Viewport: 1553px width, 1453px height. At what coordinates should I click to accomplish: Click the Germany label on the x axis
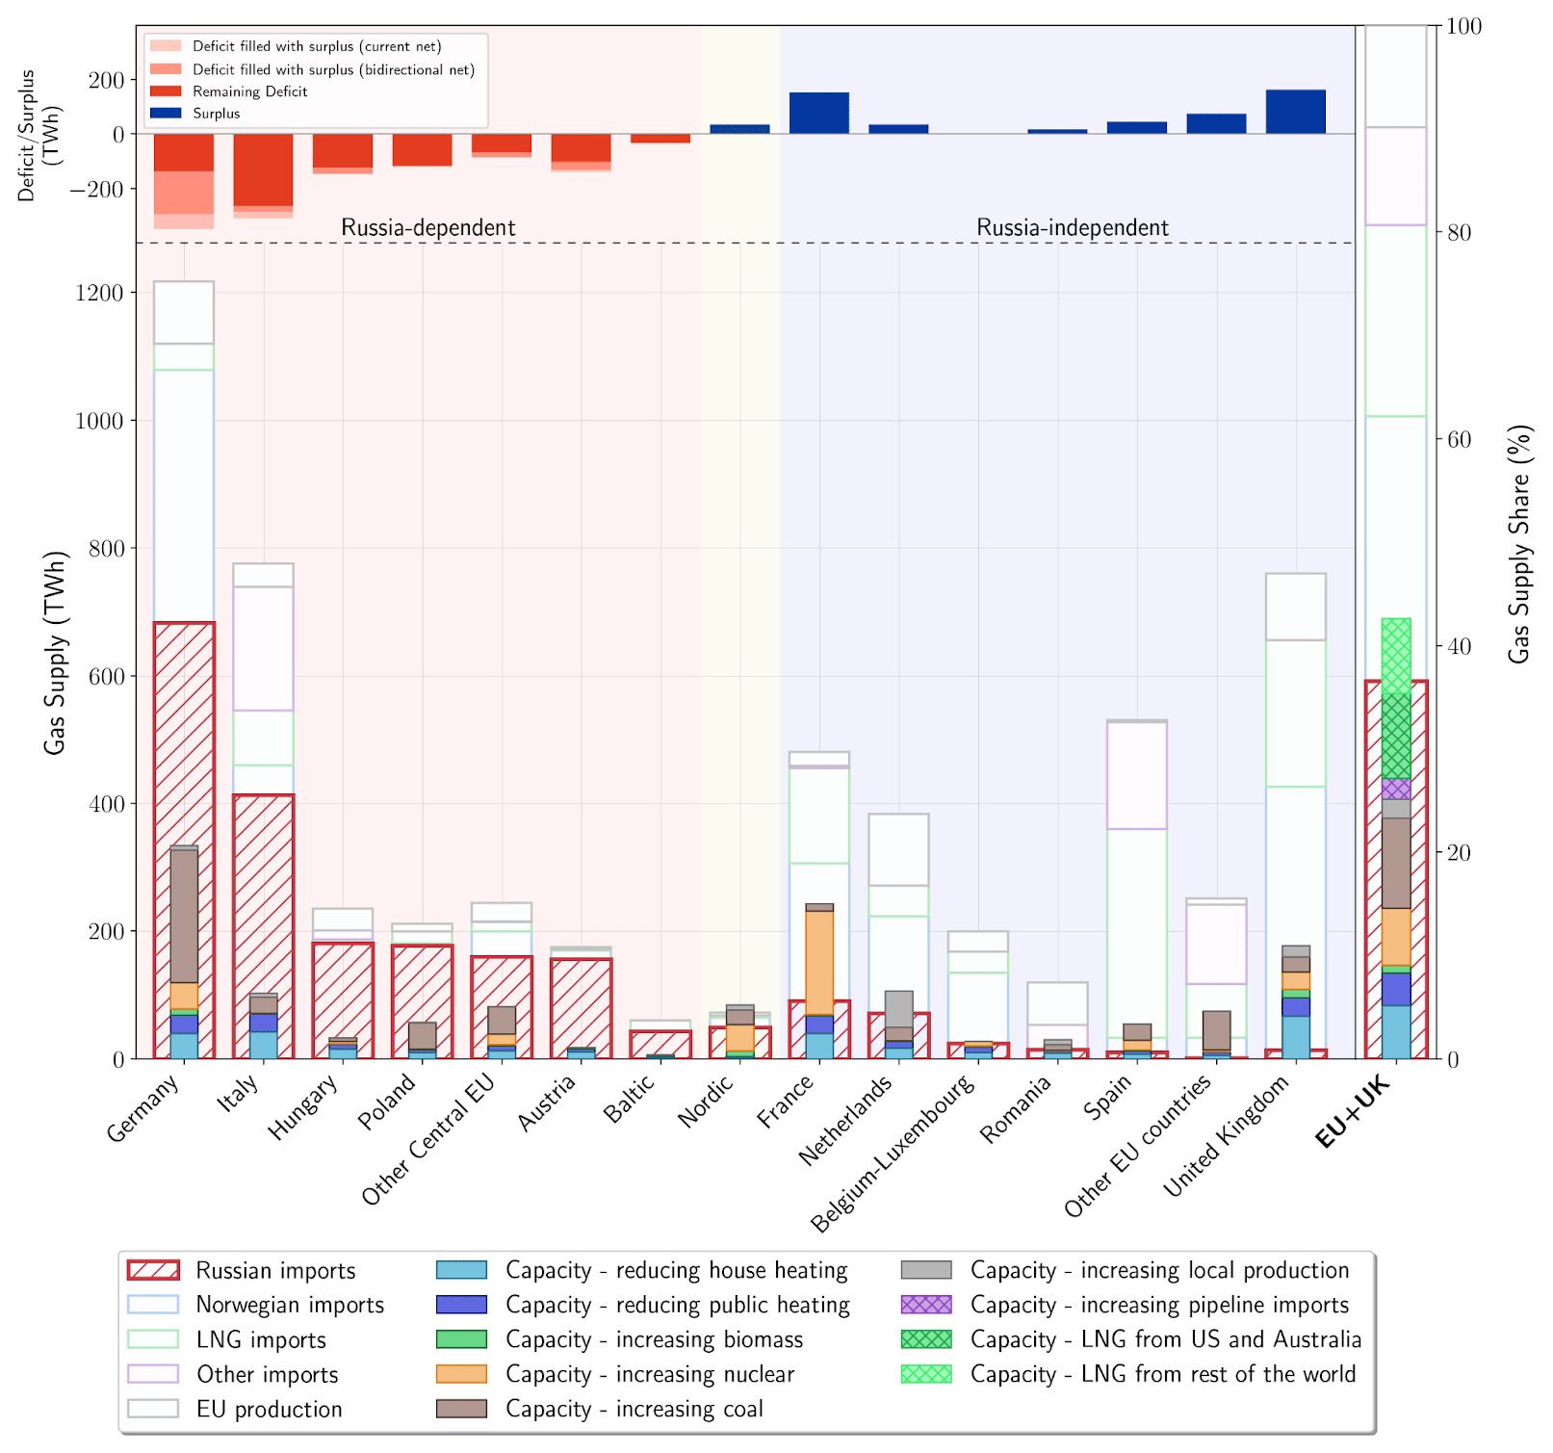click(143, 1108)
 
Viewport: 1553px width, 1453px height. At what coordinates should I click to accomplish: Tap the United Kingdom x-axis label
click(1226, 1137)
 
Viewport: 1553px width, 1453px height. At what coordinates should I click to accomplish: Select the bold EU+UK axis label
click(1353, 1112)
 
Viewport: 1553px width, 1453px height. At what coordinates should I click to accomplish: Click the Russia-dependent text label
click(428, 228)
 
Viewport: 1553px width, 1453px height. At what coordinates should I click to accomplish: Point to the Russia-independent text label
click(1073, 228)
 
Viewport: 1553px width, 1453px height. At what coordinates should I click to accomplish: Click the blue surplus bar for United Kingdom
click(1295, 112)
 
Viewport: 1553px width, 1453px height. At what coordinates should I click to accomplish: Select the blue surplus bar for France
click(819, 114)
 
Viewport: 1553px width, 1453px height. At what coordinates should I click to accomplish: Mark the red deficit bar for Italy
click(263, 169)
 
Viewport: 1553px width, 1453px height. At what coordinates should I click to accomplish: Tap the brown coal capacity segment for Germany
click(184, 915)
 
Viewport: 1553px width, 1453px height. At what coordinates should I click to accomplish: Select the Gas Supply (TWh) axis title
click(55, 653)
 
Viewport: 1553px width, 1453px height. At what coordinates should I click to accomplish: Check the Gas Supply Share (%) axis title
click(1519, 544)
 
